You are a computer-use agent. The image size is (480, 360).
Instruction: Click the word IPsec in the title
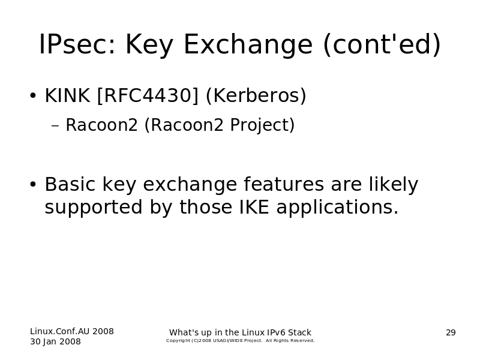(77, 44)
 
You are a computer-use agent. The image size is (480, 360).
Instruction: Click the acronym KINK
(67, 95)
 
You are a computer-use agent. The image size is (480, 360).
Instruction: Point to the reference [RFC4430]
(148, 95)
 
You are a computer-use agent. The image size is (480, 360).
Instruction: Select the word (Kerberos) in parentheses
(256, 95)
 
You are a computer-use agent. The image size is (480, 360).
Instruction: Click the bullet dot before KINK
(33, 95)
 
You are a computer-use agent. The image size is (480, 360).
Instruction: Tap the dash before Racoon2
(55, 125)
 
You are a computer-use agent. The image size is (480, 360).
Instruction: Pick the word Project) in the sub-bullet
(262, 125)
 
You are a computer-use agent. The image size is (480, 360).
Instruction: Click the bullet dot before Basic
(33, 184)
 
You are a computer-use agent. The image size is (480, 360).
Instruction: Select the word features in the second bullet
(284, 184)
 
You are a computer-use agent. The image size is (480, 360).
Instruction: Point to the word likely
(394, 185)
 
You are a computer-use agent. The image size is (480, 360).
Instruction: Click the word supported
(94, 207)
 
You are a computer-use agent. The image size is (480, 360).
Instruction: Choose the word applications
(338, 207)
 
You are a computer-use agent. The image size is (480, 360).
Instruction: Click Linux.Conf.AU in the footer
(60, 332)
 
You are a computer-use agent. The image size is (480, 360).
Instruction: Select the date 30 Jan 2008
(55, 341)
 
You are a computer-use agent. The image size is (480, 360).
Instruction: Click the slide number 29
(451, 333)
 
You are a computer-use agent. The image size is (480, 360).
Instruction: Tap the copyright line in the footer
(241, 341)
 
